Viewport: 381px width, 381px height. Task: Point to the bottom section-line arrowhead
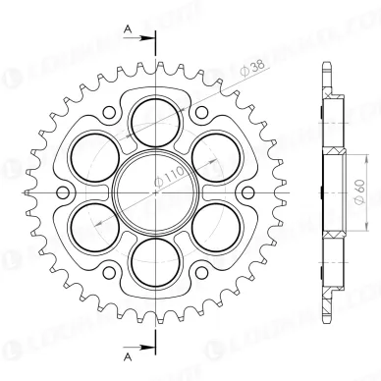pyautogui.click(x=146, y=346)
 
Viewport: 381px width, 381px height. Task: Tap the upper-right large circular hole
pyautogui.click(x=208, y=152)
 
